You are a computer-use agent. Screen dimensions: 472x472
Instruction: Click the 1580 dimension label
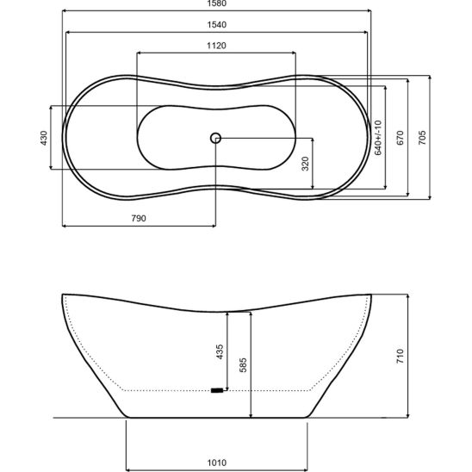click(217, 3)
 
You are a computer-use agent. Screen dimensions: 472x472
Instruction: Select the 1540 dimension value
click(217, 25)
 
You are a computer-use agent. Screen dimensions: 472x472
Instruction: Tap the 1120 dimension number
click(216, 46)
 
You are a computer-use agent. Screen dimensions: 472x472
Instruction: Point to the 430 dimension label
click(44, 138)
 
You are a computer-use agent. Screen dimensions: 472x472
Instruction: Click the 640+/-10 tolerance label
click(378, 138)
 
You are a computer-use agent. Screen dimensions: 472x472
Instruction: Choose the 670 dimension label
click(400, 138)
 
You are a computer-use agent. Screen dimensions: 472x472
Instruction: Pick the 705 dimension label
click(422, 138)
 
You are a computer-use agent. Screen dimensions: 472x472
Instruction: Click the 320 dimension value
click(305, 164)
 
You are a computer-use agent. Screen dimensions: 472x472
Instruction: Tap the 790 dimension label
click(139, 218)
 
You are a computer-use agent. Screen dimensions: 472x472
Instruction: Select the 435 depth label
click(220, 352)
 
